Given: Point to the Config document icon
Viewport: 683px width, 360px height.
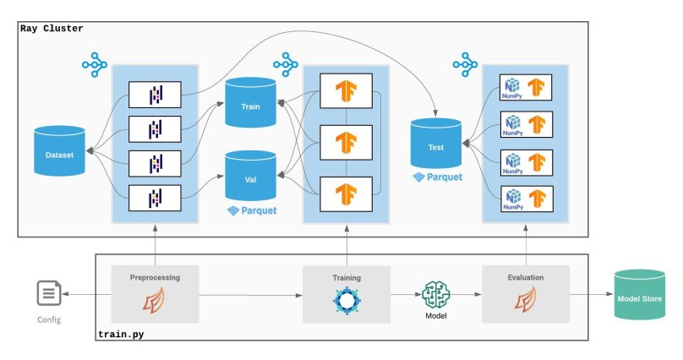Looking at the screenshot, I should coord(48,294).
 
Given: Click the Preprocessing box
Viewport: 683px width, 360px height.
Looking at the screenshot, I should coord(156,294).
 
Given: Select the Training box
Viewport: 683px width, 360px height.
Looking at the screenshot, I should coord(347,294).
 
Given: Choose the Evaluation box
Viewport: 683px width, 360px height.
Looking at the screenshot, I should coord(526,294).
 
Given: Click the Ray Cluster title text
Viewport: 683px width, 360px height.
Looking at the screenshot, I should coord(52,29).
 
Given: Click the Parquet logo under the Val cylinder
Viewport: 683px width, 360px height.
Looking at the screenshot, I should coord(252,210).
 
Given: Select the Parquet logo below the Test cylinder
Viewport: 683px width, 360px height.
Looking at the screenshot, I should coord(438,178).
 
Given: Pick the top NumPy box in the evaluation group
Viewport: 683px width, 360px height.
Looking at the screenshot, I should coord(526,88).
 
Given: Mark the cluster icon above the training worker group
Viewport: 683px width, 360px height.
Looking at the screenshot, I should coord(286,63).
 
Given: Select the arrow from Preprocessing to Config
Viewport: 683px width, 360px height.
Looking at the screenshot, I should coord(90,294).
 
